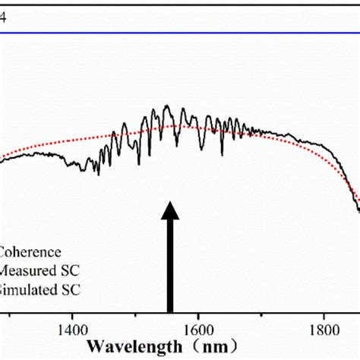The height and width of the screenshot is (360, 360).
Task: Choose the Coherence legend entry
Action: (x=30, y=251)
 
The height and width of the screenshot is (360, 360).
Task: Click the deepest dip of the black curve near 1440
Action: (x=97, y=174)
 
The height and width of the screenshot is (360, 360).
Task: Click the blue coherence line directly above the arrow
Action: (x=172, y=33)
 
